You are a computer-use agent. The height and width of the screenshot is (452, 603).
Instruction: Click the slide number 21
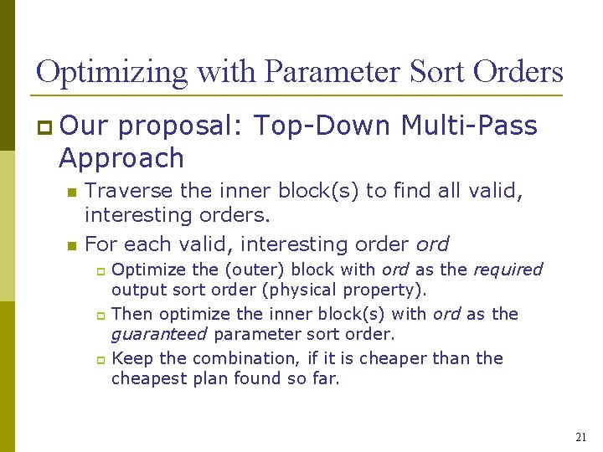coord(581,437)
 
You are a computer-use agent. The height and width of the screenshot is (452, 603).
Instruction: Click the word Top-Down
coord(322,126)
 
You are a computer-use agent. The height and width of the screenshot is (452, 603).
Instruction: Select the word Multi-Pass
coord(469,126)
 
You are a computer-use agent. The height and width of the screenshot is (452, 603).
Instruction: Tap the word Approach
coord(121,158)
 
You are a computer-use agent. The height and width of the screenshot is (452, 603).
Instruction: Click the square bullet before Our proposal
coord(44,127)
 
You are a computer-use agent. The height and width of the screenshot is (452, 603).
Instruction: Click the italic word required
coord(508,270)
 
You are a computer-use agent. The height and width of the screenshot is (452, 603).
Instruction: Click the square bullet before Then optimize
coord(99,315)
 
